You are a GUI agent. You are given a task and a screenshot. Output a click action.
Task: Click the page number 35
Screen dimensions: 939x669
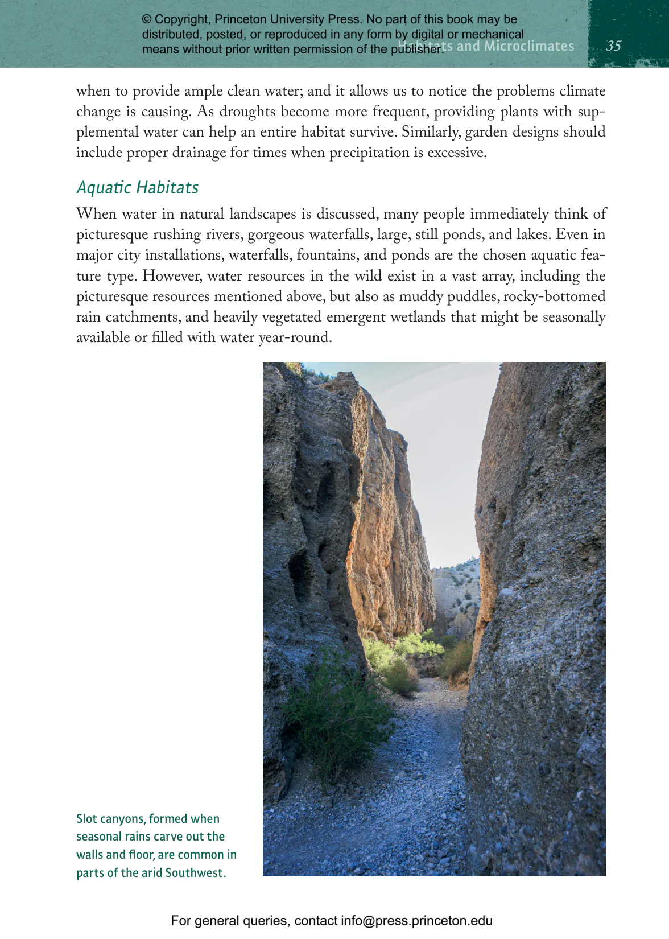[613, 46]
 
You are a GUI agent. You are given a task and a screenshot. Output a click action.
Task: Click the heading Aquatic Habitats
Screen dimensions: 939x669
[137, 187]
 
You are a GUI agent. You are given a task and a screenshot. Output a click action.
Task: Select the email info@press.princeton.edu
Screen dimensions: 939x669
[416, 921]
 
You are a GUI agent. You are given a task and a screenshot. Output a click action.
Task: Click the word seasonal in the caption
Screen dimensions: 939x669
[98, 837]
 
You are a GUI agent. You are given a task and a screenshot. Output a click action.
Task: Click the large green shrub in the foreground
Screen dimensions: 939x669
[336, 717]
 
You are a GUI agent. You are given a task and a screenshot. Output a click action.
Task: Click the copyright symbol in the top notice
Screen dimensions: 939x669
[147, 19]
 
